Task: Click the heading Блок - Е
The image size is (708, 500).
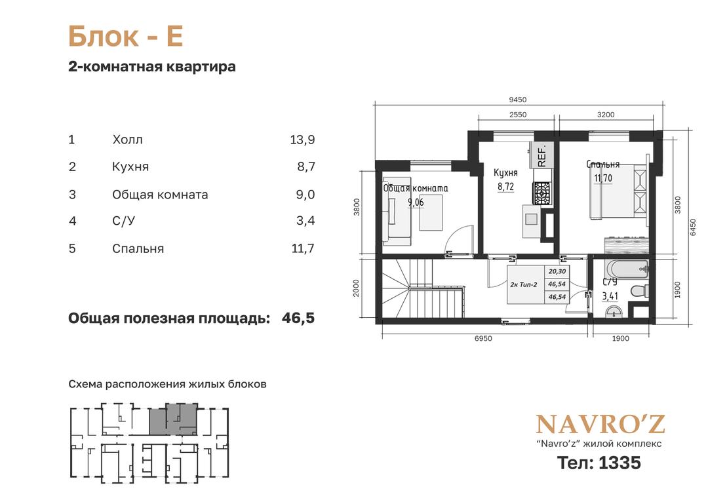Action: click(125, 37)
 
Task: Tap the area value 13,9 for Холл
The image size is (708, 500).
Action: click(302, 140)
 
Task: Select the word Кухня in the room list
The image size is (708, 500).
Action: click(130, 167)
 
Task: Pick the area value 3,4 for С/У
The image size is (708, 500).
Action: click(305, 221)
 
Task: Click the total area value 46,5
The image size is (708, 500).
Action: click(298, 318)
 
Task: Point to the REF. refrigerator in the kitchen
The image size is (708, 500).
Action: click(541, 155)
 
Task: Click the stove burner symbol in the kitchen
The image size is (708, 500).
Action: click(541, 193)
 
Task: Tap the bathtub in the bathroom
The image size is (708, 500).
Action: click(627, 269)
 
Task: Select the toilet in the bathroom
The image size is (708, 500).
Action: click(640, 290)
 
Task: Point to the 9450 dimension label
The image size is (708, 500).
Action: click(517, 100)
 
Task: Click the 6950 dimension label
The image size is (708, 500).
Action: click(483, 338)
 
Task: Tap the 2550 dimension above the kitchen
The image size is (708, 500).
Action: click(518, 115)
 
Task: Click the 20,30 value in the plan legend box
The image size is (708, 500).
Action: click(557, 272)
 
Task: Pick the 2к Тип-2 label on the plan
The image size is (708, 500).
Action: click(524, 285)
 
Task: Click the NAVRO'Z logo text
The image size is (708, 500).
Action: click(600, 424)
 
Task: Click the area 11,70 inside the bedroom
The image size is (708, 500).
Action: click(603, 178)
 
